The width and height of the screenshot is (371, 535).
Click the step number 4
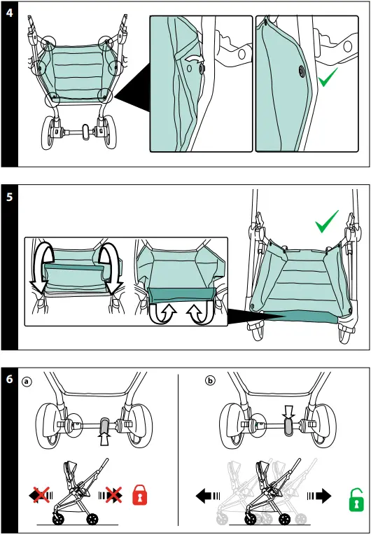9,13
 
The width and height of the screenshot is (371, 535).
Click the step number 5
9,197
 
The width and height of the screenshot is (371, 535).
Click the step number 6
9,379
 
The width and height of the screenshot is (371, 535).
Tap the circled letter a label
27,381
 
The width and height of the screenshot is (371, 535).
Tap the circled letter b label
210,380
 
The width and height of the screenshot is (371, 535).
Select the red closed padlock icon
140,495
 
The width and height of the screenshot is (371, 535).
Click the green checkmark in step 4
328,77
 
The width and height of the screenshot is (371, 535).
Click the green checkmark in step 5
327,221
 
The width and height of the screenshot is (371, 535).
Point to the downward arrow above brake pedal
289,412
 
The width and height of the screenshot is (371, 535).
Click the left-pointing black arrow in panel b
208,496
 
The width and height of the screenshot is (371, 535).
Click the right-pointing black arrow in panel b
319,496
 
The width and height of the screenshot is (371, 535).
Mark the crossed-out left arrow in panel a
41,495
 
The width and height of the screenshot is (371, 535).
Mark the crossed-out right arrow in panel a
111,495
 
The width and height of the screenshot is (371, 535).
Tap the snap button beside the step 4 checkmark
302,71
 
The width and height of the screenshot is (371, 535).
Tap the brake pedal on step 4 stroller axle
85,132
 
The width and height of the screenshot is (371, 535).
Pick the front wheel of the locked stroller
58,520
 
